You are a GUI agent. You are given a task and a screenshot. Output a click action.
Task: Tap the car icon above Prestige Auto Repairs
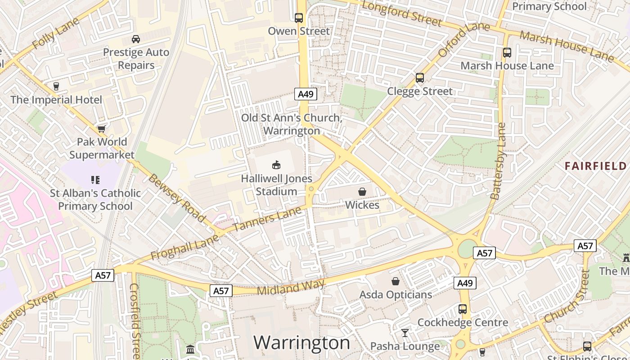click(135, 39)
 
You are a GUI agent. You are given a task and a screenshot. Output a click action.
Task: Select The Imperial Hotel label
click(56, 99)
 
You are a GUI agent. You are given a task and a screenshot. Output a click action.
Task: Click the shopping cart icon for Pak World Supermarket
click(102, 129)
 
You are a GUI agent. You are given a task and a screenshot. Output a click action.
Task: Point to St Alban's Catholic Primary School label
click(95, 199)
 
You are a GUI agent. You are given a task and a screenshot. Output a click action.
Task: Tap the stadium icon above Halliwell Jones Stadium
click(276, 165)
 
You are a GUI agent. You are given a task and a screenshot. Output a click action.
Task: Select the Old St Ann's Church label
click(292, 124)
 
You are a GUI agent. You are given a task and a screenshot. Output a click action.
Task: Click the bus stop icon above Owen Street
click(299, 18)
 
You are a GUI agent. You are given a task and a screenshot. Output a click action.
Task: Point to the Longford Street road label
click(401, 13)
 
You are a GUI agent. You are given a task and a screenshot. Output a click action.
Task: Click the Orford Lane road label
click(463, 40)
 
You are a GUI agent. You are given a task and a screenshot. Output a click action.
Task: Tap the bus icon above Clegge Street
click(420, 78)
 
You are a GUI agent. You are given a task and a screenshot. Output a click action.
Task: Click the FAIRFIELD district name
click(595, 166)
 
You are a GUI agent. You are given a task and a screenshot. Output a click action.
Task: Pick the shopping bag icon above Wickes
click(362, 192)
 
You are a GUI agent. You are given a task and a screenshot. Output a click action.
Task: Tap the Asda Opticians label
click(396, 295)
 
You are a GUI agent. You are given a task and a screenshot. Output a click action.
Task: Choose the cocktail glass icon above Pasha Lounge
click(405, 333)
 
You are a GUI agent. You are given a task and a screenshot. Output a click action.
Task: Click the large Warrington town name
click(301, 343)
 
